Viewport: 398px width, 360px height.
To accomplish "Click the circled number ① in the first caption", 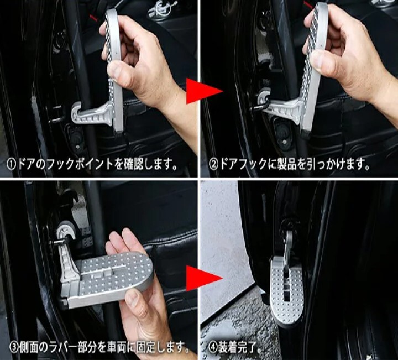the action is click(x=12, y=165).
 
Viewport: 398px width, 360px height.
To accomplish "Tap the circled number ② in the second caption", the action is click(x=213, y=165).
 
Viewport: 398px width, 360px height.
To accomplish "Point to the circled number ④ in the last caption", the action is click(x=213, y=347).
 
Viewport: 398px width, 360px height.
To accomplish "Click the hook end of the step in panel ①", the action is click(x=76, y=112).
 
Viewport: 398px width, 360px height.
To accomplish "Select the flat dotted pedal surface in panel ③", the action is click(x=116, y=275).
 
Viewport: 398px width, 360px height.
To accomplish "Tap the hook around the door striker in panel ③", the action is click(x=65, y=232).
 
